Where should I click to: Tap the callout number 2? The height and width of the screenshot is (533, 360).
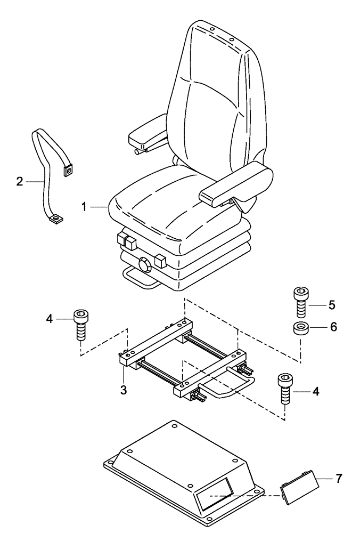[19, 182]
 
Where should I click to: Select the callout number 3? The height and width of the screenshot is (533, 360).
[123, 390]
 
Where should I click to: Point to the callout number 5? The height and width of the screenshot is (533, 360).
[331, 305]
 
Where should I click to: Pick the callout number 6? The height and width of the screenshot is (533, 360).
[333, 327]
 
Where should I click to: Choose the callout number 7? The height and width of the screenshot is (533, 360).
[339, 478]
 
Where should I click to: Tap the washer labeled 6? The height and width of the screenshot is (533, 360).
[301, 328]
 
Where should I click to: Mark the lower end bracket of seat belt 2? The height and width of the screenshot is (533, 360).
[55, 218]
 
